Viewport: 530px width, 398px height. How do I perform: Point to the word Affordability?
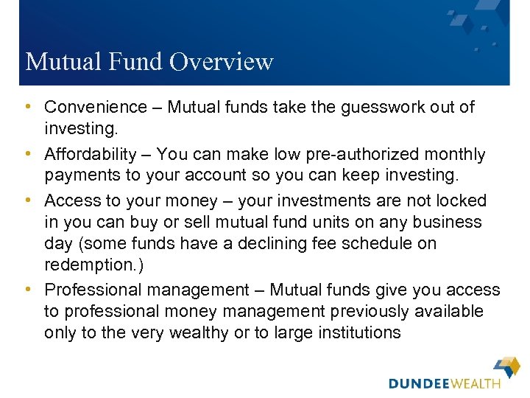coord(91,155)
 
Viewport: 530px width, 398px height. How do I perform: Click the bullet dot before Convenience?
coord(29,108)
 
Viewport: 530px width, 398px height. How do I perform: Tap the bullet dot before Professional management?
coord(29,290)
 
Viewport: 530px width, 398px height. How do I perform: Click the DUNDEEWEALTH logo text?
coord(445,383)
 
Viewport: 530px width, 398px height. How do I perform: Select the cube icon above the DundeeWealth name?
coord(507,366)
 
